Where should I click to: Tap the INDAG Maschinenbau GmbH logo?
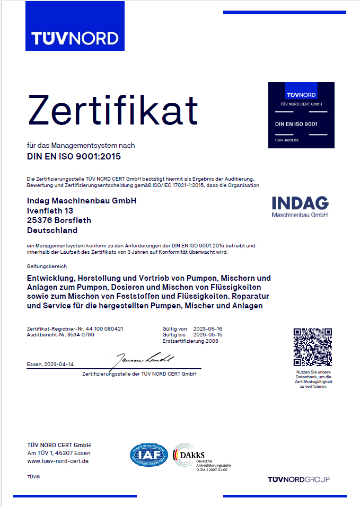300,206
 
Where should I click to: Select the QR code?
312,347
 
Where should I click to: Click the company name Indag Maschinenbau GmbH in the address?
81,201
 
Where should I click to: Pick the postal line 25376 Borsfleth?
59,220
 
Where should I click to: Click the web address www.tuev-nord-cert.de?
57,461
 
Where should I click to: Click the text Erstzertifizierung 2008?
190,341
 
